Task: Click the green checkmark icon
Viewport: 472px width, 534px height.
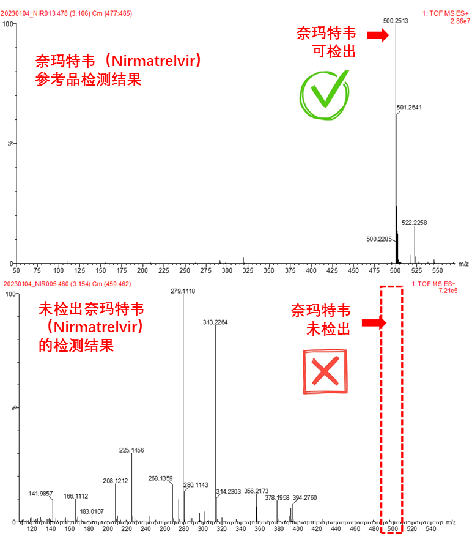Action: tap(325, 95)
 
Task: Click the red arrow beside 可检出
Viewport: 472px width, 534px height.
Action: tap(378, 35)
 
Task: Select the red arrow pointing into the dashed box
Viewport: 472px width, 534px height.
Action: tap(374, 322)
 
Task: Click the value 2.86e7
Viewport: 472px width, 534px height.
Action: tap(460, 21)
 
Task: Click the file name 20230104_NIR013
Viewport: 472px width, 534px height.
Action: tap(28, 13)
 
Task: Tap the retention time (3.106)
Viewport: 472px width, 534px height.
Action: tap(79, 13)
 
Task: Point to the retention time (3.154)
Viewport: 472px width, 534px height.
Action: tap(82, 284)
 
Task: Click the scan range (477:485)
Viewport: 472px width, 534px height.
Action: tap(118, 13)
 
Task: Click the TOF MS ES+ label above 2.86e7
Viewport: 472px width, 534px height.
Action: tap(446, 13)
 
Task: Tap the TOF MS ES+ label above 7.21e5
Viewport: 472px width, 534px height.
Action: tap(433, 284)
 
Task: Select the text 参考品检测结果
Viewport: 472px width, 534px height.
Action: tap(88, 79)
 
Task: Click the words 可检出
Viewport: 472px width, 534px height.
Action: tap(334, 51)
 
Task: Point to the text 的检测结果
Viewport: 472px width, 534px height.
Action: tap(76, 345)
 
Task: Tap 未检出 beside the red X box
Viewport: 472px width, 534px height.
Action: tap(328, 329)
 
